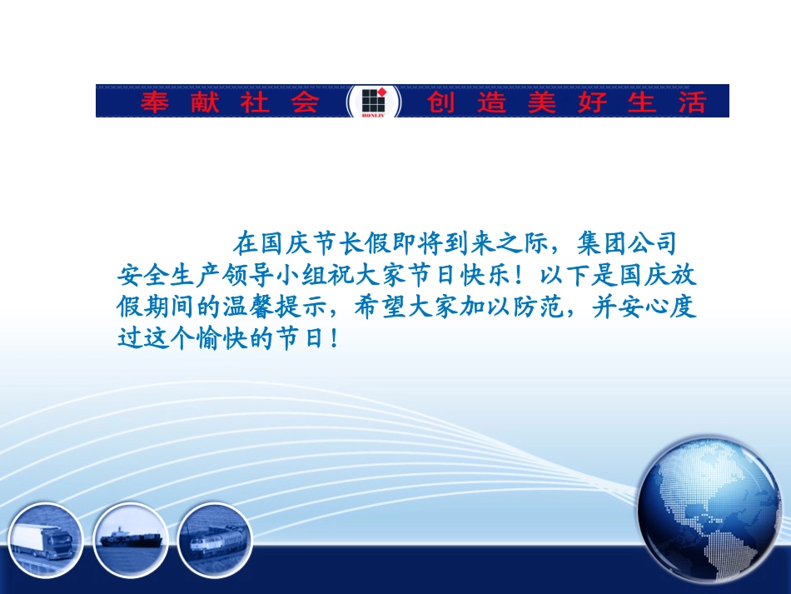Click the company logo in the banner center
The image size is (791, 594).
tap(373, 102)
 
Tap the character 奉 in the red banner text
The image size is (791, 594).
tap(153, 102)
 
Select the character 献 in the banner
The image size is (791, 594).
tap(202, 102)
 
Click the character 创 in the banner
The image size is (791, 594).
tap(441, 102)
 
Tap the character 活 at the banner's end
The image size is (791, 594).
tap(690, 102)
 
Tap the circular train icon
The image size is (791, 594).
tap(214, 537)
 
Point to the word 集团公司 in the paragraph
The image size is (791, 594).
tap(628, 243)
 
